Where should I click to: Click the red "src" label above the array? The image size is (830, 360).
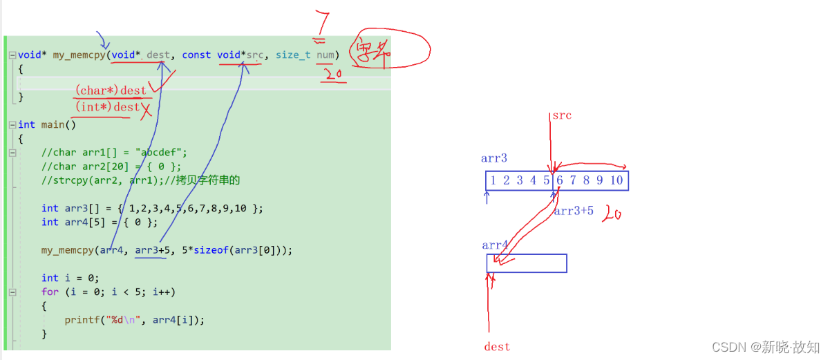(x=562, y=115)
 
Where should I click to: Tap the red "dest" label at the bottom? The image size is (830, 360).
(x=497, y=346)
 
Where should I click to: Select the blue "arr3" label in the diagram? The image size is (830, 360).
(x=494, y=158)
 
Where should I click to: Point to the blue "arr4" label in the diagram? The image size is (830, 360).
(x=495, y=245)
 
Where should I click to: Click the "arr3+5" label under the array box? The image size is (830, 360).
(x=574, y=211)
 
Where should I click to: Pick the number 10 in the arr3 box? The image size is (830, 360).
(x=616, y=181)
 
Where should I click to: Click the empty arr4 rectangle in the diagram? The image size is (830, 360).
(x=527, y=263)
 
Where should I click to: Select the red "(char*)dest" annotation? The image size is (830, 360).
(x=111, y=90)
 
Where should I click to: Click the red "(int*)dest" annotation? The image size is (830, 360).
(x=108, y=107)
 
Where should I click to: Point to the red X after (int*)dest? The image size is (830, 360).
(x=145, y=108)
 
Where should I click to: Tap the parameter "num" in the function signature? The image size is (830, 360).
(x=326, y=55)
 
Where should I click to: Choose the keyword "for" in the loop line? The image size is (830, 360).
(x=50, y=292)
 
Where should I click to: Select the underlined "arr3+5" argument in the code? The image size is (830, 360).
(x=151, y=250)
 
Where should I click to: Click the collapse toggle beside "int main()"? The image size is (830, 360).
(x=12, y=125)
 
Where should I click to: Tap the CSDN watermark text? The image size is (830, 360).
(x=766, y=346)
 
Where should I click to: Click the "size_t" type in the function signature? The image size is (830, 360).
(x=293, y=55)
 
